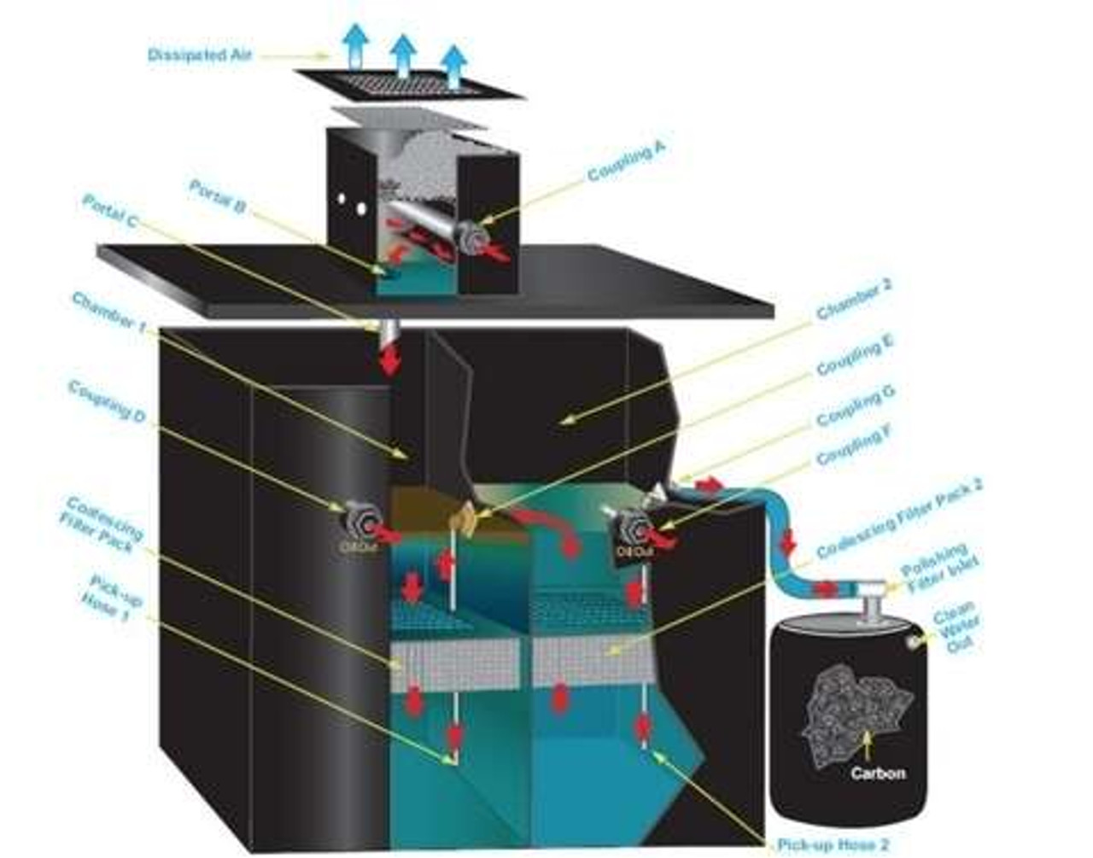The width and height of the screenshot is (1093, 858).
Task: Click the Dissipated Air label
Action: pyautogui.click(x=200, y=55)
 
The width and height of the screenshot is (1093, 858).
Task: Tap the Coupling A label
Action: pyautogui.click(x=626, y=162)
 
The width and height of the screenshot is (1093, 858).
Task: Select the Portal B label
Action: pyautogui.click(x=217, y=196)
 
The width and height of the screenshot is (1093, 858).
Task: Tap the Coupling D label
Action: pyautogui.click(x=106, y=400)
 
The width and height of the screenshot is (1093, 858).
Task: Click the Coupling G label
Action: pyautogui.click(x=855, y=406)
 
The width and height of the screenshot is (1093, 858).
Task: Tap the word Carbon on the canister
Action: pyautogui.click(x=878, y=773)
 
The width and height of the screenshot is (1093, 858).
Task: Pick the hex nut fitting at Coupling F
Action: pyautogui.click(x=634, y=527)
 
